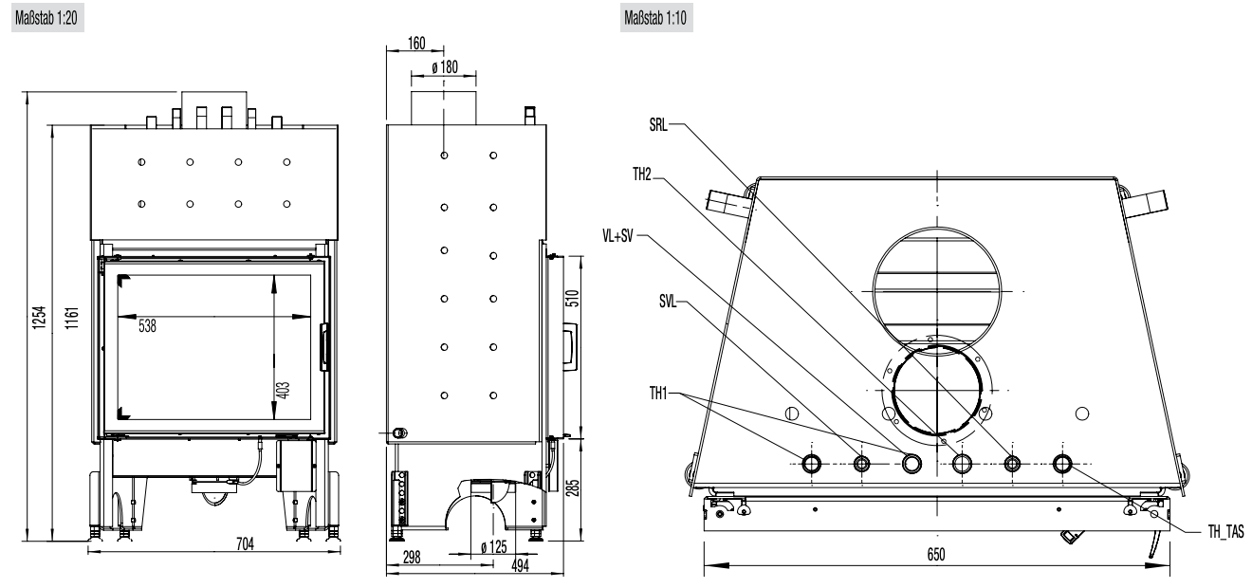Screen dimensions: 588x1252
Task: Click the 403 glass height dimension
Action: point(285,389)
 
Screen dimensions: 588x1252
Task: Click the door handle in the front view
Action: point(323,345)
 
